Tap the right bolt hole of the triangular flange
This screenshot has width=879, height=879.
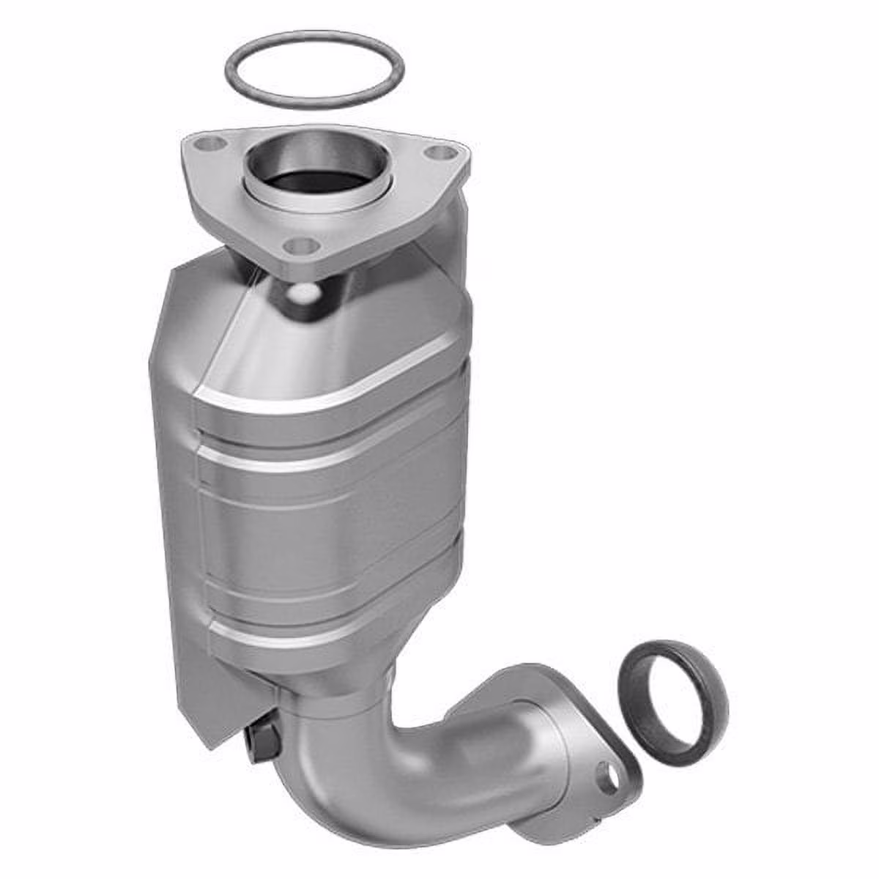pos(439,154)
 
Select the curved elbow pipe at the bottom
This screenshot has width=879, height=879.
pos(381,762)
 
